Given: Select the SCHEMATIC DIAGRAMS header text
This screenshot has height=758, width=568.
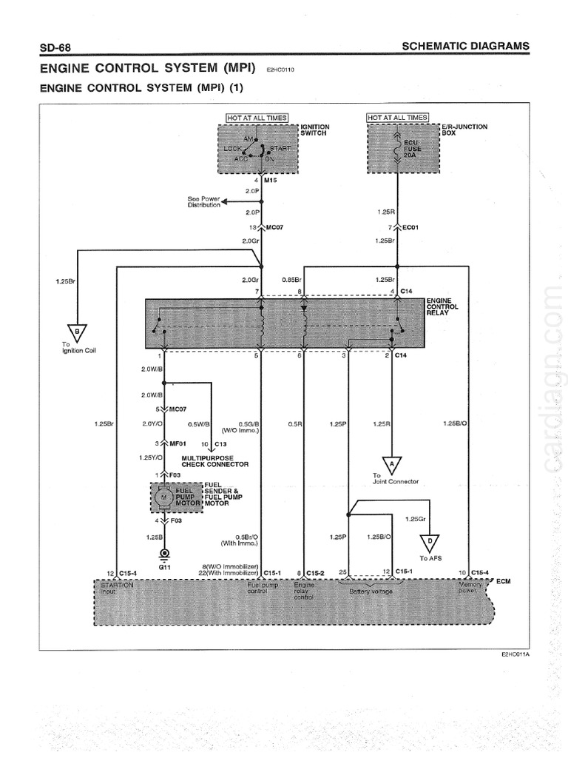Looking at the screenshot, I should (x=465, y=46).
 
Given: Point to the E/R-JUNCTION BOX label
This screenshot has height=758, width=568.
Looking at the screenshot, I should (x=464, y=130).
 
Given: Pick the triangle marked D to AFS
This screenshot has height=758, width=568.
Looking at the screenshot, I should (x=429, y=542).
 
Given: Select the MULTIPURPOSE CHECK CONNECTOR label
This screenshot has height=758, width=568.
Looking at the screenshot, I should (x=214, y=461).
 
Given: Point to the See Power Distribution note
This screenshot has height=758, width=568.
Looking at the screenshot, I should (x=204, y=201).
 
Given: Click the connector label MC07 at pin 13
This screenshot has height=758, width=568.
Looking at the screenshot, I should (x=274, y=227).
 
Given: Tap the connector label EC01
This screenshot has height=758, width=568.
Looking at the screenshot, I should (x=411, y=227).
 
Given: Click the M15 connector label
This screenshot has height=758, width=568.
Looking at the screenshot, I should (x=271, y=180).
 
